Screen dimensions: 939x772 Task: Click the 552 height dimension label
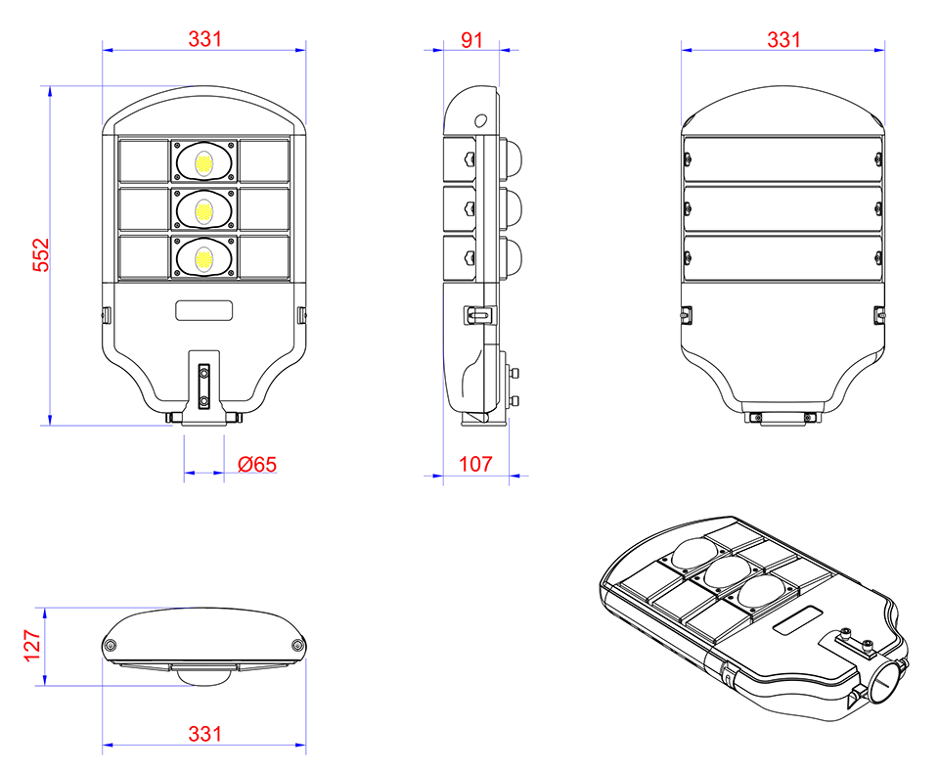pyautogui.click(x=41, y=255)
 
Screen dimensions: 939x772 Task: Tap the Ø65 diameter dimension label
pyautogui.click(x=257, y=464)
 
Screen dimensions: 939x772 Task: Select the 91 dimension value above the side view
pyautogui.click(x=471, y=40)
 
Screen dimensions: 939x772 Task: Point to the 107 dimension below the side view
pyautogui.click(x=475, y=464)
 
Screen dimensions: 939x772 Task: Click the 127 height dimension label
pyautogui.click(x=32, y=645)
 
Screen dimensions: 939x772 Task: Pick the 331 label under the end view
pyautogui.click(x=204, y=734)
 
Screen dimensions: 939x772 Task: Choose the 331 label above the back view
pyautogui.click(x=783, y=40)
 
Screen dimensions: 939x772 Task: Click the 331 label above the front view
pyautogui.click(x=204, y=39)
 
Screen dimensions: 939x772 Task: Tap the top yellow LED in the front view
pyautogui.click(x=204, y=162)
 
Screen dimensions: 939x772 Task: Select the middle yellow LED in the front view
pyautogui.click(x=204, y=210)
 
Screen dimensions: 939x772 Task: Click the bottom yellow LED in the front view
pyautogui.click(x=204, y=258)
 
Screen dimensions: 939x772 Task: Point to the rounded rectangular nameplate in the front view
pyautogui.click(x=204, y=310)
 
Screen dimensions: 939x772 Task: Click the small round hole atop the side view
pyautogui.click(x=480, y=121)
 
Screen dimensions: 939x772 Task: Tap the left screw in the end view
pyautogui.click(x=111, y=645)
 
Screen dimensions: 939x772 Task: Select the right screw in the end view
pyautogui.click(x=297, y=645)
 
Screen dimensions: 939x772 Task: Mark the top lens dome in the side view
pyautogui.click(x=511, y=159)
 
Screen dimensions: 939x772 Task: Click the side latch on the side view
pyautogui.click(x=479, y=314)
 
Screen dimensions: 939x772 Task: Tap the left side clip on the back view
pyautogui.click(x=687, y=314)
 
